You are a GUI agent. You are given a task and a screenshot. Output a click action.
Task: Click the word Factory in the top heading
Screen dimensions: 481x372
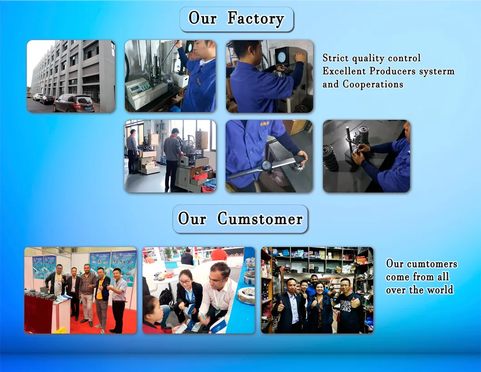tap(256, 19)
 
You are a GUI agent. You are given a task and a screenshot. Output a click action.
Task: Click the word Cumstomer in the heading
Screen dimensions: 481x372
tap(260, 219)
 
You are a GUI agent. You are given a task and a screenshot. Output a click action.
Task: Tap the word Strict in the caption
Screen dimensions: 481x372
tap(336, 58)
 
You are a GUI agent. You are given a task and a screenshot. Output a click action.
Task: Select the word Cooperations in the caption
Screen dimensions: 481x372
tap(373, 84)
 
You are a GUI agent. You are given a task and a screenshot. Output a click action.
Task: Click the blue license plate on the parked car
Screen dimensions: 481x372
tap(89, 108)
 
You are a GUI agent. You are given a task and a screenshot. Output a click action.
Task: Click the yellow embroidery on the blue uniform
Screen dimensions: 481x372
tap(264, 124)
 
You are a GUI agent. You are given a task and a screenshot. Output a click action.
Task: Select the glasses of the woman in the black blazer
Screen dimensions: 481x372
tap(185, 282)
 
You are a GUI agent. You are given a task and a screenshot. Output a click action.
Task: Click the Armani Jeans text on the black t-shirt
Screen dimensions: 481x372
tap(345, 306)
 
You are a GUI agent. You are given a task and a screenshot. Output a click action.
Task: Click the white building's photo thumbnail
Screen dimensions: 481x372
tap(71, 76)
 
